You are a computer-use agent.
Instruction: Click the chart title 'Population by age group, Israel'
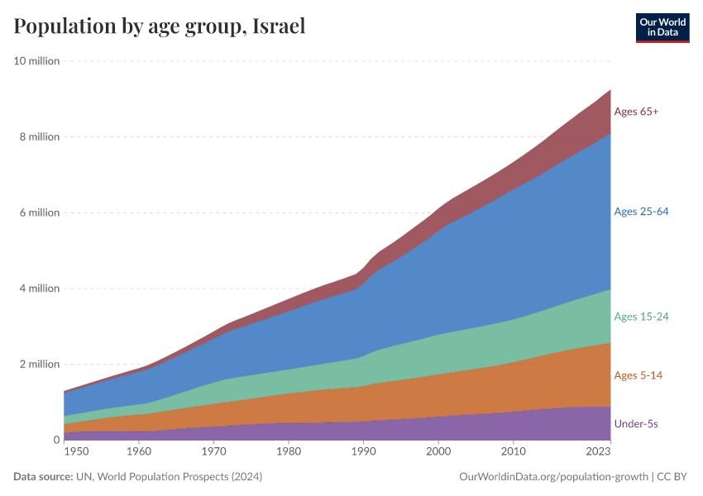pos(160,26)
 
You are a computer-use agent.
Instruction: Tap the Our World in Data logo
pos(662,27)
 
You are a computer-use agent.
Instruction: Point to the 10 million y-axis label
pos(36,61)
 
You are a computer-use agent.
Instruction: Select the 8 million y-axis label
pos(39,137)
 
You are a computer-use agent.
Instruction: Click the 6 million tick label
pos(39,212)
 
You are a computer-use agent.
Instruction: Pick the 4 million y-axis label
pos(39,289)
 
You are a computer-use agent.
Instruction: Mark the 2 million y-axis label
pos(39,365)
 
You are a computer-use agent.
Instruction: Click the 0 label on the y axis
pos(56,440)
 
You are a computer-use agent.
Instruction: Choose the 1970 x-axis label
pos(213,452)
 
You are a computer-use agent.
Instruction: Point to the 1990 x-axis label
pos(363,452)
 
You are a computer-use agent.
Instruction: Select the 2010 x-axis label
pos(513,452)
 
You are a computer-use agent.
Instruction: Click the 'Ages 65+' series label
pos(636,112)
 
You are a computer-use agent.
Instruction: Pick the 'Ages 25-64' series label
pos(641,212)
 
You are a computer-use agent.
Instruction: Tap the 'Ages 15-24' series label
pos(641,317)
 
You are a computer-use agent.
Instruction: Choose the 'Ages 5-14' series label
pos(638,375)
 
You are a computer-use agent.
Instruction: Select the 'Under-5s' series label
pos(636,424)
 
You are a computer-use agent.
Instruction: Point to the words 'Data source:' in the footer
pos(43,477)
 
